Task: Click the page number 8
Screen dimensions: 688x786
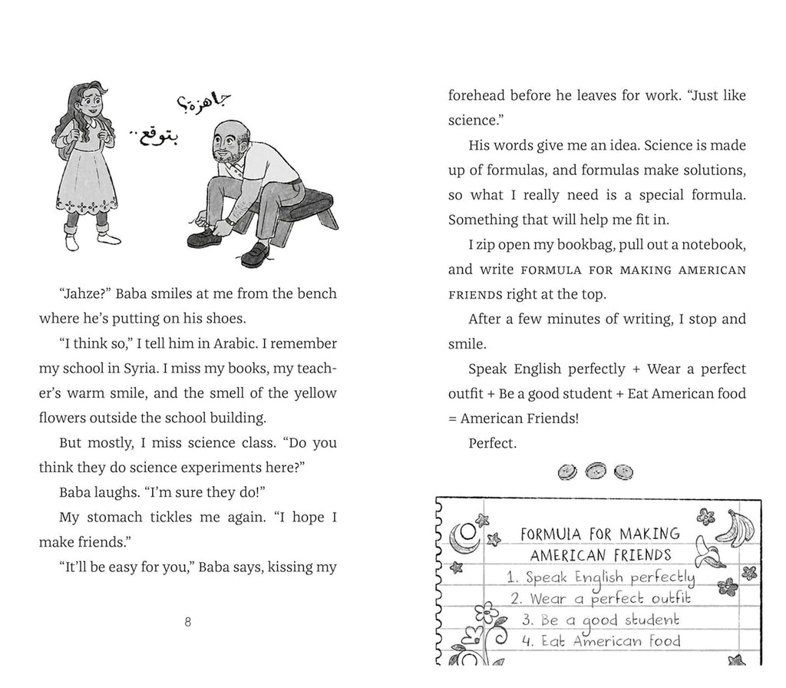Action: (188, 622)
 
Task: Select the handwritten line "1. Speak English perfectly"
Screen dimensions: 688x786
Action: (600, 578)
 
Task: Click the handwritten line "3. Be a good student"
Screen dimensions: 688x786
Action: (599, 620)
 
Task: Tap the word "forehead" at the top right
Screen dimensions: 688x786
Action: (476, 96)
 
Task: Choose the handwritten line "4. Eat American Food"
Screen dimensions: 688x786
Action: (600, 641)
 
